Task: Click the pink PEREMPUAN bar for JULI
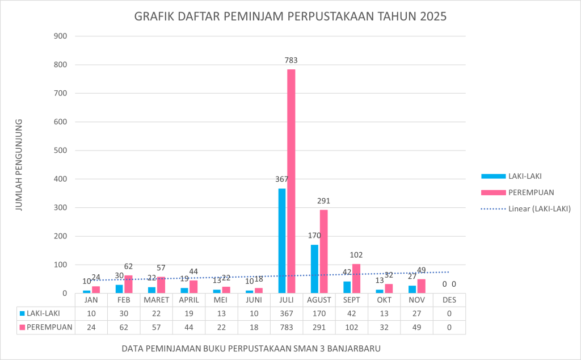(x=291, y=182)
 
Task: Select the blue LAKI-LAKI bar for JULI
(x=282, y=241)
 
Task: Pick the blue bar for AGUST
(x=314, y=269)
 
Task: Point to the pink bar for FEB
(x=128, y=284)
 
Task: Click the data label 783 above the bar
(x=291, y=60)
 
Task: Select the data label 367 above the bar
(x=282, y=179)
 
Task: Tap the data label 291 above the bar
(x=323, y=200)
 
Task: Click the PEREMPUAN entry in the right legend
(x=531, y=192)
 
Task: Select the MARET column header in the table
(x=157, y=300)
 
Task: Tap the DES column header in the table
(x=449, y=300)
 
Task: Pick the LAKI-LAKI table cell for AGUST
(x=319, y=313)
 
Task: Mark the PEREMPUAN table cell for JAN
(x=91, y=327)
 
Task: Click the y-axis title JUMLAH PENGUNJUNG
(x=19, y=165)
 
